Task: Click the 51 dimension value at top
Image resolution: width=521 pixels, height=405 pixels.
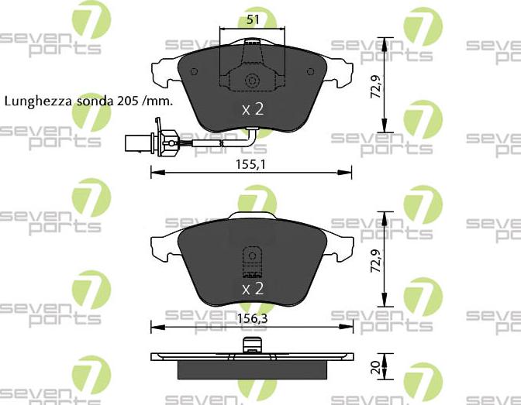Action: [253, 19]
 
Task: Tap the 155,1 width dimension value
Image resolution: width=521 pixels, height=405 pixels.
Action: [251, 164]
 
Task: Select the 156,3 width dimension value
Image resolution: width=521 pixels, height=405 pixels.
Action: [252, 318]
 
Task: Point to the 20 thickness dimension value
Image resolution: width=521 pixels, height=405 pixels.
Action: [375, 368]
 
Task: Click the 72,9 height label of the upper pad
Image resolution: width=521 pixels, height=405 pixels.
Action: [375, 86]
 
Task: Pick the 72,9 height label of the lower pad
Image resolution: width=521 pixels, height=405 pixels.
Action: [375, 261]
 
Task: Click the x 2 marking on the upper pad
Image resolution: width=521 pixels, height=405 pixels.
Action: [253, 109]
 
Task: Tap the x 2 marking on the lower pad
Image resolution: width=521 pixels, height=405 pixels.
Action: [253, 289]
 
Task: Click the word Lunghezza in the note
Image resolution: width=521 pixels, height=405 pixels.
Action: [38, 101]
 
